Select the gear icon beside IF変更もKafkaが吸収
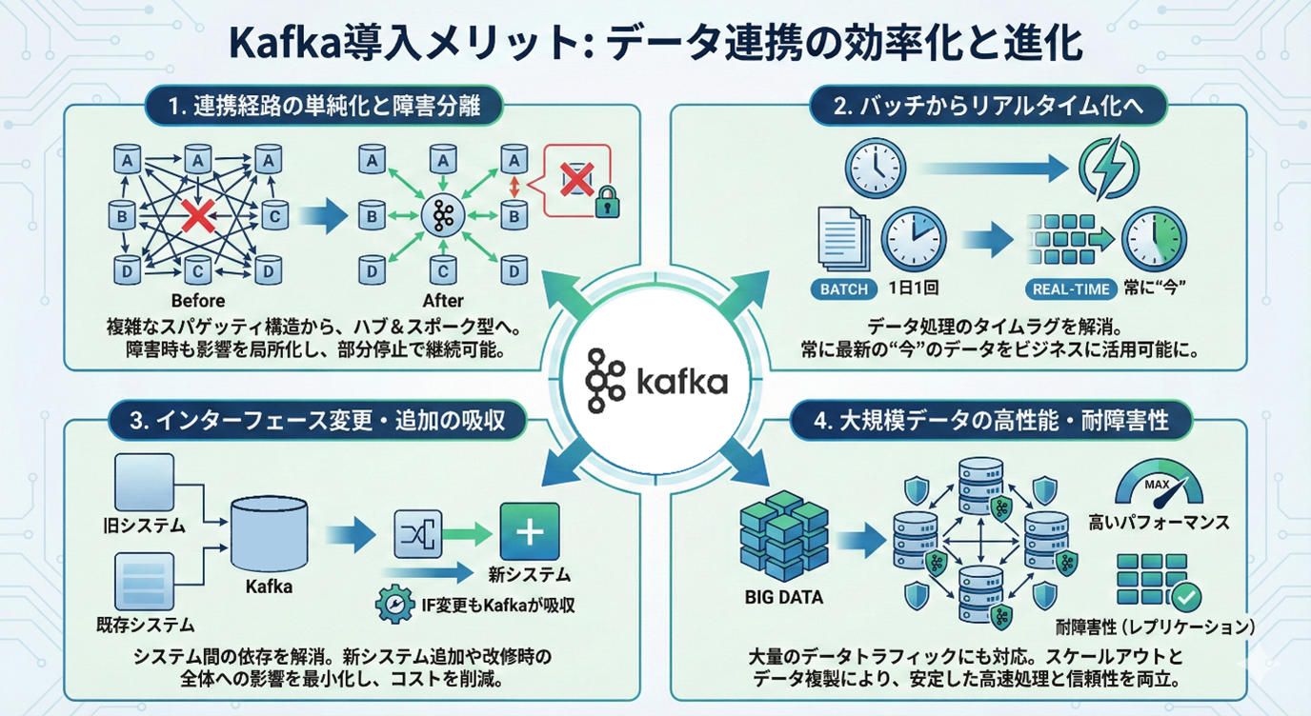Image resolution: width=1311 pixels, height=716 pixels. click(x=394, y=607)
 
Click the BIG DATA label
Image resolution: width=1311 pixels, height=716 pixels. click(x=782, y=598)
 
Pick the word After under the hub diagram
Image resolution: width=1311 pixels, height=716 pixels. click(x=442, y=301)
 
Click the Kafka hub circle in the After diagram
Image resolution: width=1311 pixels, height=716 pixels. click(x=441, y=217)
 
